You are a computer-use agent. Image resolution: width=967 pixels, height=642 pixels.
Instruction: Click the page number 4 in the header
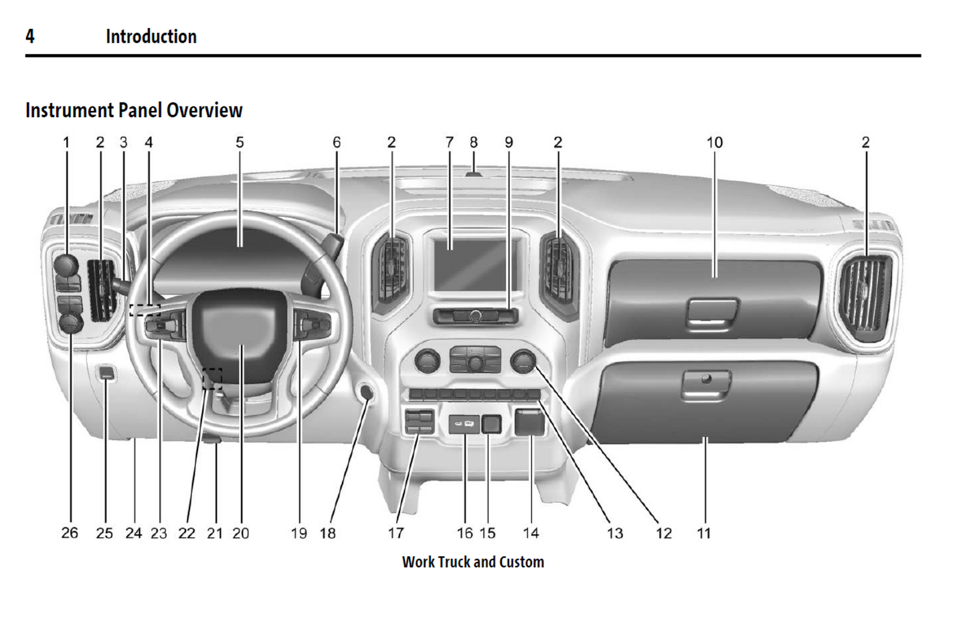pyautogui.click(x=30, y=36)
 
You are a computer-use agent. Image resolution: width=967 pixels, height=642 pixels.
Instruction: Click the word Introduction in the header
pyautogui.click(x=151, y=36)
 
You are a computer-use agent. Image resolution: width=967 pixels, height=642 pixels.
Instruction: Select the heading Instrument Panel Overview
pyautogui.click(x=134, y=110)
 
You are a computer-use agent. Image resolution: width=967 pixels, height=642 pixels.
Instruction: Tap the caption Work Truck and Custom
pyautogui.click(x=473, y=562)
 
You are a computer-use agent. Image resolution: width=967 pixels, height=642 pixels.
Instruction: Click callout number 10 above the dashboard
pyautogui.click(x=715, y=143)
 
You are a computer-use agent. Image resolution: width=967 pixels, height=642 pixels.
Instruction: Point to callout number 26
pyautogui.click(x=70, y=533)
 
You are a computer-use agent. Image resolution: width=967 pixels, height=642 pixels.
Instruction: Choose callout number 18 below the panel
pyautogui.click(x=328, y=533)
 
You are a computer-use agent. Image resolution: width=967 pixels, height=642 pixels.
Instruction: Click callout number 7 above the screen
pyautogui.click(x=450, y=143)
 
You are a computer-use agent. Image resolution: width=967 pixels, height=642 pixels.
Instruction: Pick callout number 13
pyautogui.click(x=615, y=533)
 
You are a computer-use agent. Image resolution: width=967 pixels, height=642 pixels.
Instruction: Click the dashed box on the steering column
pyautogui.click(x=212, y=378)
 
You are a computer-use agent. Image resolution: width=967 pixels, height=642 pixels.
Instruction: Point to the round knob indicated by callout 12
pyautogui.click(x=523, y=362)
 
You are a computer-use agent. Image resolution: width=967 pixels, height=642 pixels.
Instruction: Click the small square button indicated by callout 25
pyautogui.click(x=106, y=373)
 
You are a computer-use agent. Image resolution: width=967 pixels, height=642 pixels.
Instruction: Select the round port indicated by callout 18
pyautogui.click(x=367, y=392)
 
